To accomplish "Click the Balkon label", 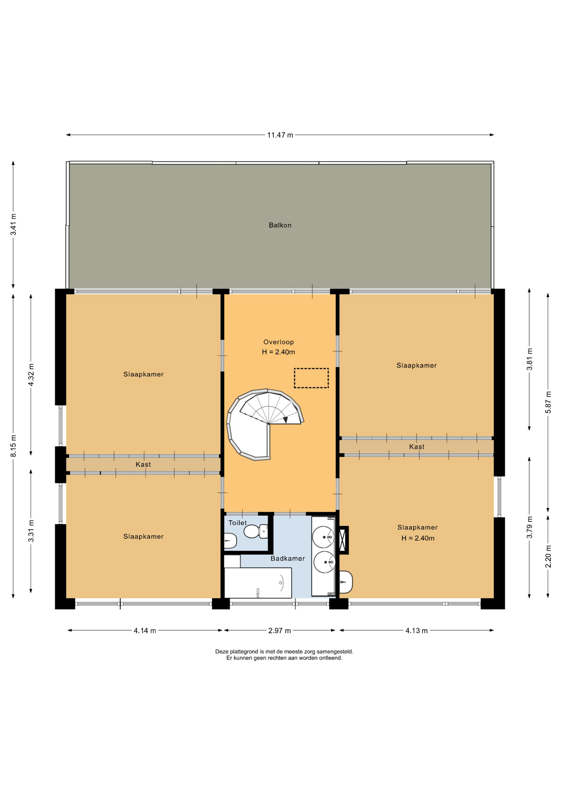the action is tap(280, 225).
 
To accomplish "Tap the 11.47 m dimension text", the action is tap(280, 135).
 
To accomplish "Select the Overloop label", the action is tap(278, 342).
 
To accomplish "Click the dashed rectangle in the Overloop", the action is tap(311, 378).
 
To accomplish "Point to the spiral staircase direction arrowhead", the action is tap(285, 420).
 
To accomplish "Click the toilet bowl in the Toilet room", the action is tap(255, 531).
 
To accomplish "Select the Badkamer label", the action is tap(288, 558).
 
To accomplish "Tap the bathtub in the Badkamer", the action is tap(258, 582).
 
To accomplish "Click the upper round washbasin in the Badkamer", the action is tap(323, 537).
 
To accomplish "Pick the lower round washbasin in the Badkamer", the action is tap(324, 562).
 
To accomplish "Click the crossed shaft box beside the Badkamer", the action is tap(344, 540).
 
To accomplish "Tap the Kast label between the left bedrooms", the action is tap(143, 465).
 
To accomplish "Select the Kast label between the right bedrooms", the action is tap(417, 447).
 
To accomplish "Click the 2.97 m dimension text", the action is tap(280, 631).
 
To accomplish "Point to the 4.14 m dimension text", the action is tap(145, 631).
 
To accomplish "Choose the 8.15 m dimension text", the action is tap(14, 446).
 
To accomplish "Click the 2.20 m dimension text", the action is tap(548, 556).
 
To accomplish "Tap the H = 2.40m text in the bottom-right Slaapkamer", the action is tap(418, 538).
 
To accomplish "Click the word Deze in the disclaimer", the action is tap(221, 651).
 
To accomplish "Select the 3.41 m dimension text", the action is tap(14, 224).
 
